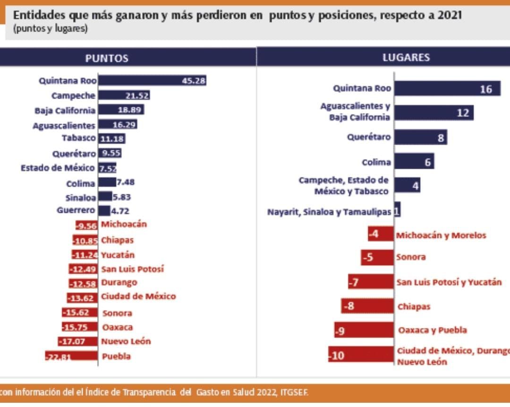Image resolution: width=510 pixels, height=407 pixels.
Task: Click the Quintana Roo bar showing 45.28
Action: click(152, 81)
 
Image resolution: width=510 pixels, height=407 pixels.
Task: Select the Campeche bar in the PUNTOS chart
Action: click(124, 95)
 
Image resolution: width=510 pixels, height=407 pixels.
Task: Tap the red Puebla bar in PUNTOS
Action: click(72, 356)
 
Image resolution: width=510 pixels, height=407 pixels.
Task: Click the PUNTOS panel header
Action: click(107, 58)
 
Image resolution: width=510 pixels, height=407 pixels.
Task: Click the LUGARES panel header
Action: click(406, 58)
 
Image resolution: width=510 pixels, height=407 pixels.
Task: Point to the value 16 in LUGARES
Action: click(485, 89)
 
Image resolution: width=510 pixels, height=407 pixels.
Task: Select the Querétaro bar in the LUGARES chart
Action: click(420, 138)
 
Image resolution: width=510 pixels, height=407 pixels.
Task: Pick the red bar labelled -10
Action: click(361, 355)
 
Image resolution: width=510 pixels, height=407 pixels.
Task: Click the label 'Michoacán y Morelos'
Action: click(441, 235)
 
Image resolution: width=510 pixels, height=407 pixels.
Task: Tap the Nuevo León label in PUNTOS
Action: click(126, 341)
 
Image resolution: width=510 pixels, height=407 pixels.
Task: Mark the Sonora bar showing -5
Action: click(377, 258)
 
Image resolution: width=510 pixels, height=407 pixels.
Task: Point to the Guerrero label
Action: click(76, 210)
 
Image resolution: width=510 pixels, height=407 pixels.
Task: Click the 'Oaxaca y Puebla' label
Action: click(433, 330)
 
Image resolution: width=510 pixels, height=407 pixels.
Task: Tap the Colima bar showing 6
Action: click(414, 162)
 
